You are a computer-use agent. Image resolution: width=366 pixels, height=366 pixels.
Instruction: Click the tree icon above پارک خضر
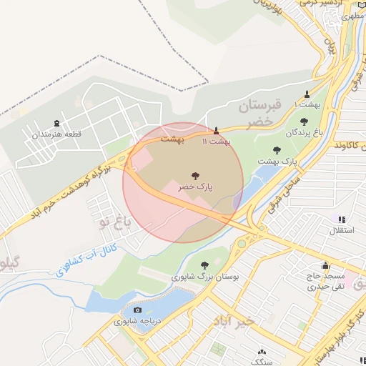(195, 174)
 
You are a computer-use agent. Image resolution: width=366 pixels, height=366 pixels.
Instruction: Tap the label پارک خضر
(195, 186)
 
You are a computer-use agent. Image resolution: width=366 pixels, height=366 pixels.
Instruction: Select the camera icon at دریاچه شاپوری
(137, 311)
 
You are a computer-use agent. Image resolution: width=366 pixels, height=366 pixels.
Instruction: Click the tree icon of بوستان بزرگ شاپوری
(206, 264)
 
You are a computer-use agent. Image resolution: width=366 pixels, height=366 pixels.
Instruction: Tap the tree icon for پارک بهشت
(277, 150)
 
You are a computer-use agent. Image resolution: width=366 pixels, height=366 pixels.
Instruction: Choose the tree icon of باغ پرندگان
(304, 121)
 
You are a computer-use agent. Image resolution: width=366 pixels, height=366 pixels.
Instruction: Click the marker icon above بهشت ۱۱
(217, 130)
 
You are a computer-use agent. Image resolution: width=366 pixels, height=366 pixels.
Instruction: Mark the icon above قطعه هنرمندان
(57, 123)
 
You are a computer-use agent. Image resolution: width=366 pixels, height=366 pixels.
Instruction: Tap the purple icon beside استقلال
(342, 219)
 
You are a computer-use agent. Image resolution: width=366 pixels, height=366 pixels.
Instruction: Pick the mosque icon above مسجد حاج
(326, 265)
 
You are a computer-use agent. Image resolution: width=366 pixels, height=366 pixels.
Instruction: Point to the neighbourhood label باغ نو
(114, 223)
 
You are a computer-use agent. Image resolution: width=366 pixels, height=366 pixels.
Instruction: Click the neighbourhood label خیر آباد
(233, 322)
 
